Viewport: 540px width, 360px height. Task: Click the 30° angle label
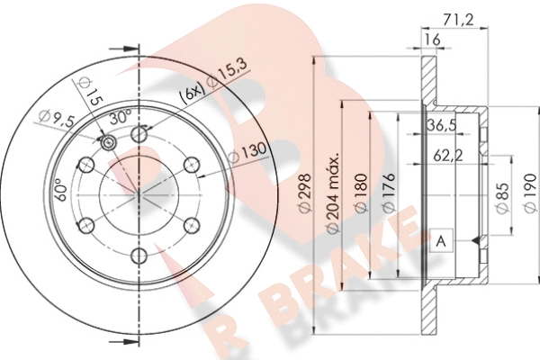coord(121,116)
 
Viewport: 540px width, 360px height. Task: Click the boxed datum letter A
coord(441,240)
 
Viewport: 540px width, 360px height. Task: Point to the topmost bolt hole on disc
coord(139,134)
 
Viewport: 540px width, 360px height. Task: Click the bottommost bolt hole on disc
coord(139,256)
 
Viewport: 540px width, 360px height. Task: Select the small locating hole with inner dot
coord(109,144)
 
